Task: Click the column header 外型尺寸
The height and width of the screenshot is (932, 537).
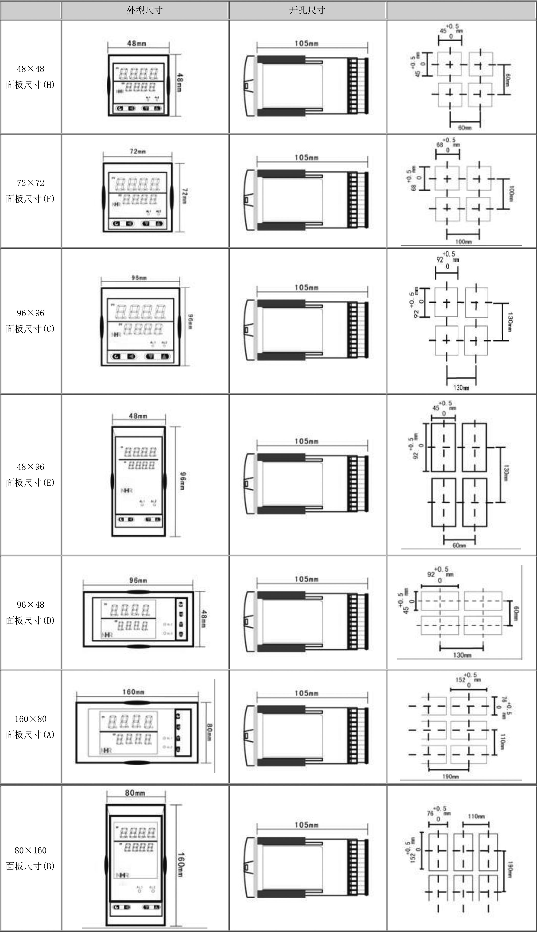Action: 145,10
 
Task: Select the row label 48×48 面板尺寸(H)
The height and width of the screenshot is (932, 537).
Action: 30,77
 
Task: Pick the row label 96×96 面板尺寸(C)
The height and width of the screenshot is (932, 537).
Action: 30,321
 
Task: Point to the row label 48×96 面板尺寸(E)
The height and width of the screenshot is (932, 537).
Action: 30,474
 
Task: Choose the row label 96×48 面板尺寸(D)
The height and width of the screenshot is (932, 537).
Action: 30,612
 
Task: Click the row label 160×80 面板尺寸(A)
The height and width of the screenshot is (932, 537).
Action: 30,726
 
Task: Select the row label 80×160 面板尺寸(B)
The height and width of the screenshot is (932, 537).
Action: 30,858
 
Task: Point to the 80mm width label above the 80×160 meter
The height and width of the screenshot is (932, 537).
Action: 135,793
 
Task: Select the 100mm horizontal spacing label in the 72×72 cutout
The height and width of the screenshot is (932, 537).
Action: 464,242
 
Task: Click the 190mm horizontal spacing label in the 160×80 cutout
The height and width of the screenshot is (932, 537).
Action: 451,776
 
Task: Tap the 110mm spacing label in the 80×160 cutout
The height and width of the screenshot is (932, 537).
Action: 476,816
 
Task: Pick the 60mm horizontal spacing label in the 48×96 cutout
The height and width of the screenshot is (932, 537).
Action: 459,546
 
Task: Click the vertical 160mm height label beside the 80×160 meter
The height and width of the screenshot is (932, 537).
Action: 181,865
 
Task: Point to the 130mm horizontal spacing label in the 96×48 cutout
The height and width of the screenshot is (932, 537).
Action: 462,655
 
